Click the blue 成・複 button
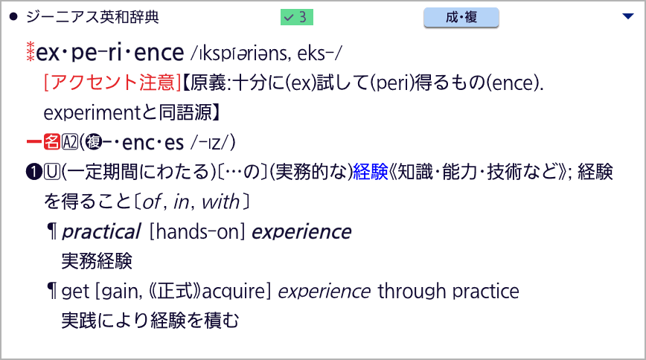point(461,17)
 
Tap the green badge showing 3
point(297,17)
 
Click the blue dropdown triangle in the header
point(628,16)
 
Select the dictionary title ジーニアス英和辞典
point(92,17)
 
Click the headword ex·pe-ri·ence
point(109,53)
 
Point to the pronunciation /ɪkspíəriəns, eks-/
point(266,53)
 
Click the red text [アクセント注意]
point(112,83)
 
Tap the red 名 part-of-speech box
point(52,142)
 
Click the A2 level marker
point(70,142)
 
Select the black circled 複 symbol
point(94,142)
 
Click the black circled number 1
point(33,172)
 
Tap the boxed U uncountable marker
point(52,172)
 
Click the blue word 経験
point(371,172)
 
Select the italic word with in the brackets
point(220,202)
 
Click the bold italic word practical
point(101,231)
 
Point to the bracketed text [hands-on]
point(197,231)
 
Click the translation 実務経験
point(97,261)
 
